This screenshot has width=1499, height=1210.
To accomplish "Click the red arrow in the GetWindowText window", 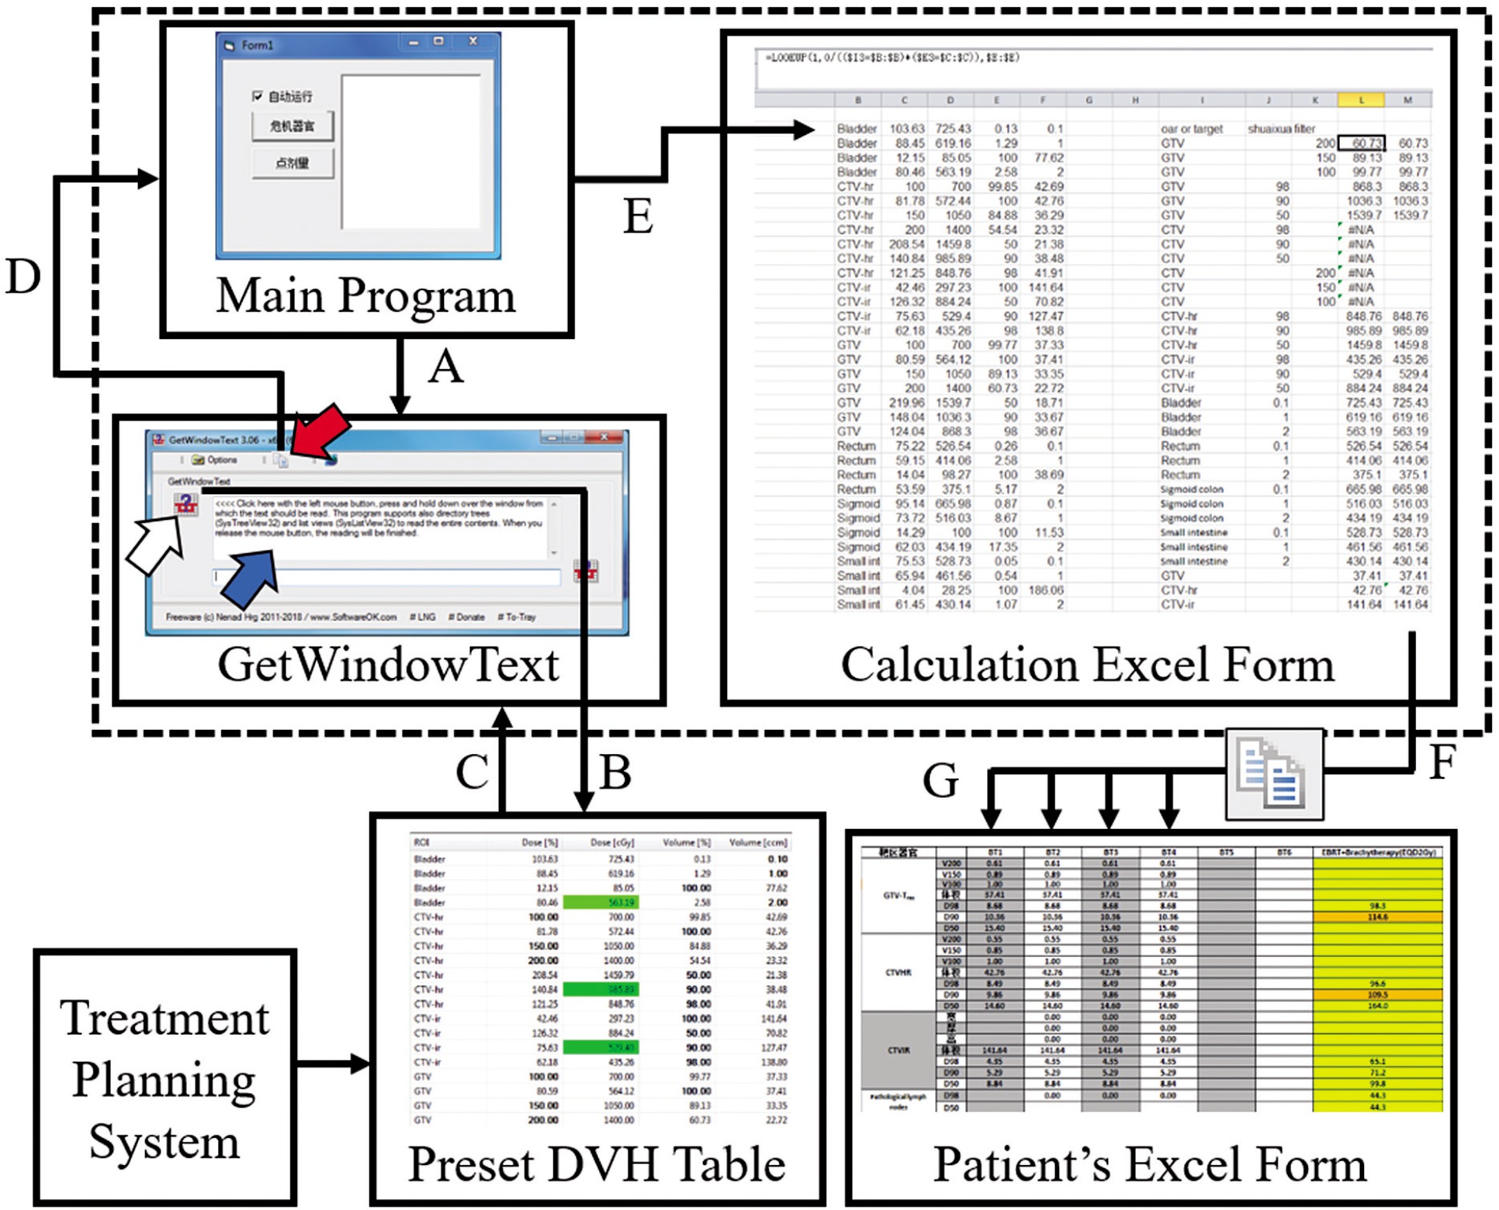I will pyautogui.click(x=320, y=430).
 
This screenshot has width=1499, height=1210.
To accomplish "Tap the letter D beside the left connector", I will pyautogui.click(x=23, y=277).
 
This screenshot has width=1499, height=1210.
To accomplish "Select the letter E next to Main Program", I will pyautogui.click(x=638, y=217).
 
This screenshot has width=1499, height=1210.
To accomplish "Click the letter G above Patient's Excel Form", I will pyautogui.click(x=940, y=780).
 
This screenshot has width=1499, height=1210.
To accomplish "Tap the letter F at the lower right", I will pyautogui.click(x=1442, y=762).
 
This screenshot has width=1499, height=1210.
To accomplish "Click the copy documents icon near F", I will pyautogui.click(x=1274, y=774).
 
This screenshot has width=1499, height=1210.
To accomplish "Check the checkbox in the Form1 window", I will pyautogui.click(x=258, y=96).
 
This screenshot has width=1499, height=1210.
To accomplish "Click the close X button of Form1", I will pyautogui.click(x=473, y=42).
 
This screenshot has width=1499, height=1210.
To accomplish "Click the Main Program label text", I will pyautogui.click(x=365, y=296).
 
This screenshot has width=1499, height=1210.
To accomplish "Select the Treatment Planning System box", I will pyautogui.click(x=164, y=1078).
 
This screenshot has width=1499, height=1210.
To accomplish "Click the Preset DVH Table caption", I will pyautogui.click(x=597, y=1165).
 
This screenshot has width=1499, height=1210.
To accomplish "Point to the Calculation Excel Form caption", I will pyautogui.click(x=1087, y=665).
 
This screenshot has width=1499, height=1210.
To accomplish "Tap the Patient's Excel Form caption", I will pyautogui.click(x=1149, y=1165).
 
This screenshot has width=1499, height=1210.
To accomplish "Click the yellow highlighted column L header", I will pyautogui.click(x=1361, y=100).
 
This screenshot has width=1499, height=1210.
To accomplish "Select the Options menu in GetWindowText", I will pyautogui.click(x=215, y=460).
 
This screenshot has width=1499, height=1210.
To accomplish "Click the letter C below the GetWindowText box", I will pyautogui.click(x=472, y=773).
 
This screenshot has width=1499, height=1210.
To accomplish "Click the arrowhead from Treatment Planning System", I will pyautogui.click(x=360, y=1064).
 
